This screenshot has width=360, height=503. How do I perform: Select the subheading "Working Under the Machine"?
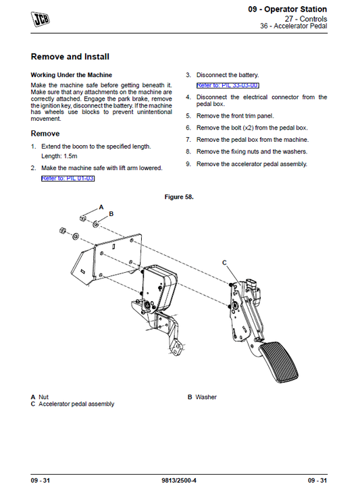72,74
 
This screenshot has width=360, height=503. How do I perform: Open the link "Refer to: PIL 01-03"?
68,178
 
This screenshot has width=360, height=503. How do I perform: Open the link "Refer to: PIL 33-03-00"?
228,86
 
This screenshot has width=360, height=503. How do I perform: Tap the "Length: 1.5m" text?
60,156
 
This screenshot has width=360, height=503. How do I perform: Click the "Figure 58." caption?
180,196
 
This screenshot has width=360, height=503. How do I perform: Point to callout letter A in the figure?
101,205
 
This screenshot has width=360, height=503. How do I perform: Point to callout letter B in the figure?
111,213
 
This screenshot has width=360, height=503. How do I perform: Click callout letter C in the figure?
225,261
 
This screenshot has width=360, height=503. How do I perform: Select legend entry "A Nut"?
40,397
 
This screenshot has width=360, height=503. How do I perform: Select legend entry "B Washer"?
202,397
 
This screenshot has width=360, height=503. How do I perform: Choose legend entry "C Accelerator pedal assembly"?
72,404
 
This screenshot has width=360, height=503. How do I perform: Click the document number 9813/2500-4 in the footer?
180,480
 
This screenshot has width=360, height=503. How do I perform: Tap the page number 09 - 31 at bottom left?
41,480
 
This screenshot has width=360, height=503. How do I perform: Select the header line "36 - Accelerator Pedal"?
294,27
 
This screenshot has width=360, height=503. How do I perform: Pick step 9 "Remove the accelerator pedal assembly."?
251,163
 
